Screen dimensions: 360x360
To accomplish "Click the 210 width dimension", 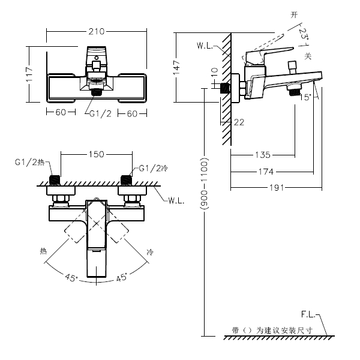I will point(97,31).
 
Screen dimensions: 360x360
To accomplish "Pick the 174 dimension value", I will point(266,172).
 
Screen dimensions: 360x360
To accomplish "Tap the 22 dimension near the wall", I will point(239,122).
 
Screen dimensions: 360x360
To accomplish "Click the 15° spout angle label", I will point(305,97).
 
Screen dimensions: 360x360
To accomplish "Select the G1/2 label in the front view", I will point(100,113).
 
